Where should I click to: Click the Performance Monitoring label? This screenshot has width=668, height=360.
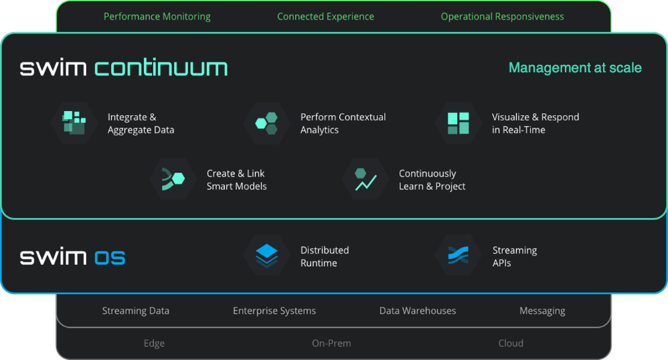(x=157, y=17)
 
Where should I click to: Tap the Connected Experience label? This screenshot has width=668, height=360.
(x=325, y=17)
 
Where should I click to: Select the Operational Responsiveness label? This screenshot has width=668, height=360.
(x=502, y=17)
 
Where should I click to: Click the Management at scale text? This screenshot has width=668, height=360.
(x=575, y=68)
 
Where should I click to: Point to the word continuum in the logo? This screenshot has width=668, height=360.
(x=161, y=68)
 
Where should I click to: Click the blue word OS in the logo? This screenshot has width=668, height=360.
(x=110, y=257)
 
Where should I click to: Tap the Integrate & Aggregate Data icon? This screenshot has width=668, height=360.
(x=74, y=123)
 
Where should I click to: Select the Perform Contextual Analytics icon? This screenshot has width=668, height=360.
(x=266, y=123)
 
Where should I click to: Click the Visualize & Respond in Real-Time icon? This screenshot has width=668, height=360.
(x=458, y=123)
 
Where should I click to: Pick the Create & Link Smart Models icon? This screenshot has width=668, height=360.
(x=173, y=179)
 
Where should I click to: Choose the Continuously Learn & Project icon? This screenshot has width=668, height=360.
(x=365, y=179)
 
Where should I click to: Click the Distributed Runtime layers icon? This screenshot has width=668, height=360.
(x=266, y=256)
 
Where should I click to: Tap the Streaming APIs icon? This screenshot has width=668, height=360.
(x=458, y=256)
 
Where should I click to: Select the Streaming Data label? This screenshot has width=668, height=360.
(x=136, y=310)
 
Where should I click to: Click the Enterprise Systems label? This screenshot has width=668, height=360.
(x=274, y=310)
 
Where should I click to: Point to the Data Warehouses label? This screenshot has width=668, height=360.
(x=418, y=310)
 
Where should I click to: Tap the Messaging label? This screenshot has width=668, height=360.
(x=542, y=310)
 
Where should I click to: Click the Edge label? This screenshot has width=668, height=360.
(x=154, y=343)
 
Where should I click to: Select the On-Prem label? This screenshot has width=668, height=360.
(x=331, y=343)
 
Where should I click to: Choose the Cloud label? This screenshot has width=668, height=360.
(x=511, y=343)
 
